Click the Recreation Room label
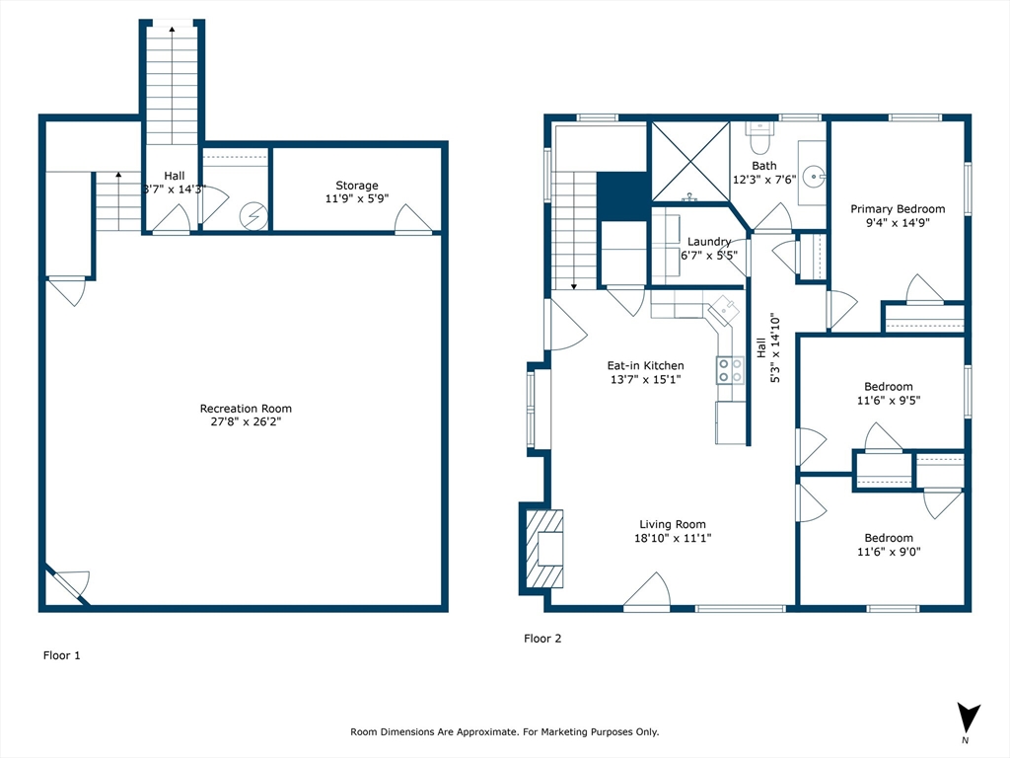(246, 408)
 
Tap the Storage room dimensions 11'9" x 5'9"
(357, 198)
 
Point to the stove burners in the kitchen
(730, 370)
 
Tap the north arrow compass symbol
(969, 718)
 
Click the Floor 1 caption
(62, 655)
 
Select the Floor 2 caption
(542, 639)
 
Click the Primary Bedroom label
(898, 209)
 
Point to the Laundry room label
(708, 242)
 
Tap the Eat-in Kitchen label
(645, 365)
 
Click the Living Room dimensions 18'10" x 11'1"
(673, 538)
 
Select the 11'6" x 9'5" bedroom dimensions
(889, 401)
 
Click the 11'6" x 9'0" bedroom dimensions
(889, 552)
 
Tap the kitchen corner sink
(724, 309)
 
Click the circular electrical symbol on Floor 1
(253, 216)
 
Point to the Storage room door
(413, 219)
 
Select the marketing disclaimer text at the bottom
(504, 731)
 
